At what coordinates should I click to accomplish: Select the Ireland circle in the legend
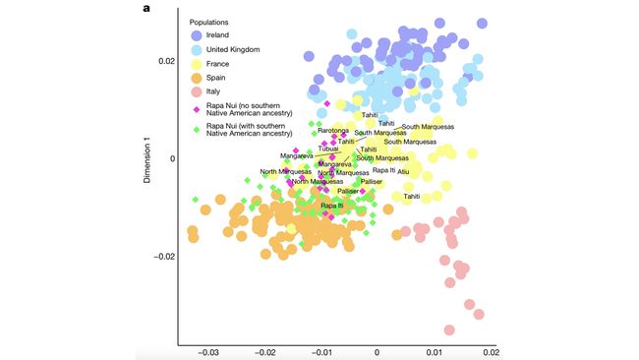pos(199,35)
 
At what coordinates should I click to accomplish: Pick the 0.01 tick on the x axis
pos(434,350)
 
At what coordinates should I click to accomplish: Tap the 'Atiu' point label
pos(403,171)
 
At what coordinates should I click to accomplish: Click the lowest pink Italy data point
pos(450,330)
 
